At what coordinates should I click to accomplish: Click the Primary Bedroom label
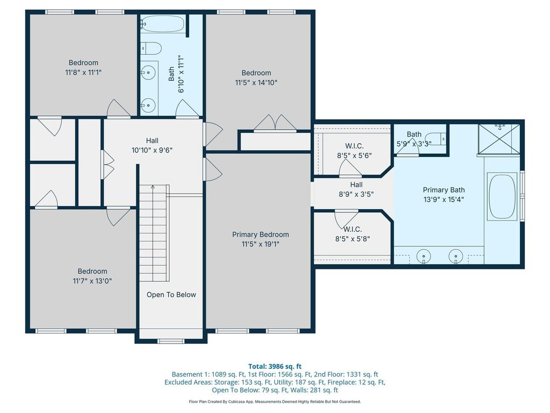click(x=260, y=234)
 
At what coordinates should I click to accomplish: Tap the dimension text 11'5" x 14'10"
click(x=256, y=82)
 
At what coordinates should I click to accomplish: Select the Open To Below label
click(x=171, y=295)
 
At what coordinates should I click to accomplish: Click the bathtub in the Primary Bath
click(x=502, y=196)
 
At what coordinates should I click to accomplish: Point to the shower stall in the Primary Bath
click(x=499, y=139)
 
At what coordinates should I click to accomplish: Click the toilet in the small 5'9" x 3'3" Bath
click(x=438, y=139)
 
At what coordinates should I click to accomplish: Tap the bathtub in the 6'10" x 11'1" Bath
click(x=162, y=24)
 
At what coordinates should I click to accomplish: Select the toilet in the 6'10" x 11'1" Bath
click(x=151, y=48)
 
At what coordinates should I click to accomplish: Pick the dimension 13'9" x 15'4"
click(x=444, y=200)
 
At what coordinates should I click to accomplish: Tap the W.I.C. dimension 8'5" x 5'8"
click(x=352, y=239)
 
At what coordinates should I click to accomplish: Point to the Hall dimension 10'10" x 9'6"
click(x=152, y=151)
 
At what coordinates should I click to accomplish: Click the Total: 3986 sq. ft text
click(x=275, y=366)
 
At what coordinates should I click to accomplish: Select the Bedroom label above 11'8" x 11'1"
click(x=83, y=62)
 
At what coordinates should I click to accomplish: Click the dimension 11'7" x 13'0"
click(x=92, y=281)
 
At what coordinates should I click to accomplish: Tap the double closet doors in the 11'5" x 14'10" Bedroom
click(x=275, y=123)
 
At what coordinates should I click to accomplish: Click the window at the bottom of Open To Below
click(x=171, y=340)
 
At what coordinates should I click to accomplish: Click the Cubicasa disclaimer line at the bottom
click(x=274, y=401)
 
